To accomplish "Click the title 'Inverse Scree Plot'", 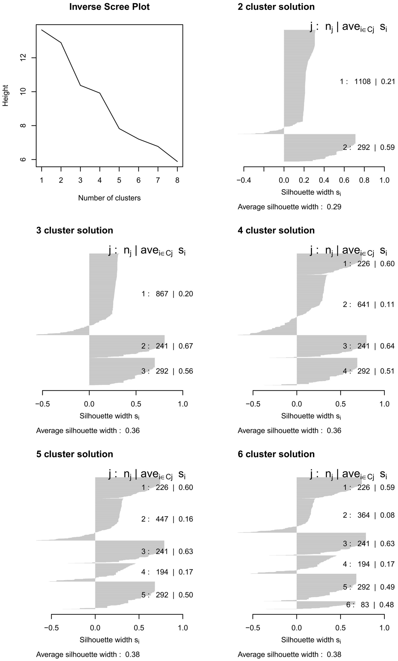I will click(109, 7).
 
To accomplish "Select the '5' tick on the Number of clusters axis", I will click(119, 180).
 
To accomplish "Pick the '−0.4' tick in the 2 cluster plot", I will click(244, 180).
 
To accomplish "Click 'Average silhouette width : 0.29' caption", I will click(289, 207).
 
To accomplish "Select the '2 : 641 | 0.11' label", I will click(369, 305).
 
